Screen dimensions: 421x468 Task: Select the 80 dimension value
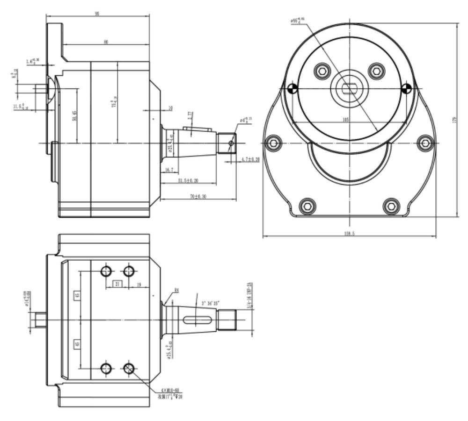point(106,42)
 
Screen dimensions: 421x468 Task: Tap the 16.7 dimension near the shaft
point(169,171)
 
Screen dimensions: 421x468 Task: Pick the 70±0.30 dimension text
point(197,197)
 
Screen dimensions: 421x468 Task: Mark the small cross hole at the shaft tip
point(230,143)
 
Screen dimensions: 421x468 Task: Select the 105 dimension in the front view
point(345,120)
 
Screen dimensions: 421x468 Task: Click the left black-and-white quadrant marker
point(292,89)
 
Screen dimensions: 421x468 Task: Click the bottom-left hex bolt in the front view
point(307,205)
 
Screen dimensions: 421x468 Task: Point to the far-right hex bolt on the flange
point(425,142)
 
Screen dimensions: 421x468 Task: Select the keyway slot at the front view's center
point(349,87)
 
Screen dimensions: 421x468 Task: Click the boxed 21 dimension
point(117,284)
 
